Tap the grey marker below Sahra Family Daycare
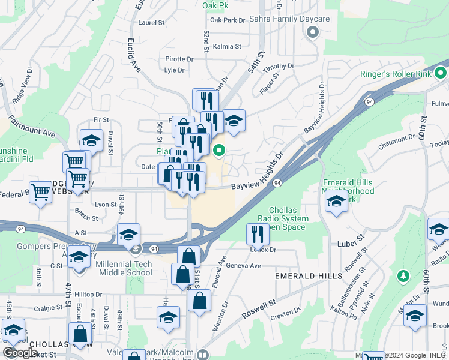tap(312, 33)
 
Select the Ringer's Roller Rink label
tap(405, 75)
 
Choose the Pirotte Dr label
tap(179, 59)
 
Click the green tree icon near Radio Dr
tap(403, 276)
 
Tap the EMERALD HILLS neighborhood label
tap(309, 276)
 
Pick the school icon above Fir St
tap(91, 141)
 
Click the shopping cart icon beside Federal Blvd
tap(41, 193)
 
